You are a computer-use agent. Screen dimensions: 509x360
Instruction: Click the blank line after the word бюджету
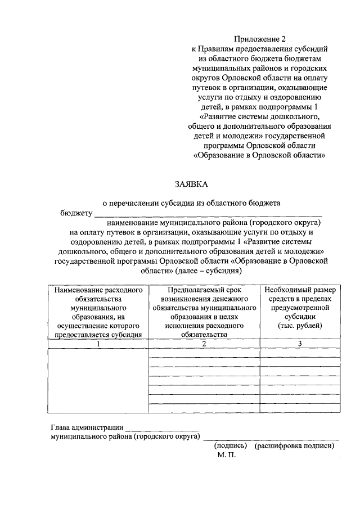click(208, 214)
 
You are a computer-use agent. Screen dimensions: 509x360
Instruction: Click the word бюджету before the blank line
click(76, 213)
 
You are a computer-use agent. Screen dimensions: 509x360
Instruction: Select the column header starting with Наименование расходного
click(98, 312)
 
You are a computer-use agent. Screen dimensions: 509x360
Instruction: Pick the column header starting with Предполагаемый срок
click(204, 312)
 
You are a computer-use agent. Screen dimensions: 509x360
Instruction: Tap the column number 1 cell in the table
click(98, 344)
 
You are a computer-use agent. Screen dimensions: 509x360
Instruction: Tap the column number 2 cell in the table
click(204, 344)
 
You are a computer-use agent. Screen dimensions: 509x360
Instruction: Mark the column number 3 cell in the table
click(300, 344)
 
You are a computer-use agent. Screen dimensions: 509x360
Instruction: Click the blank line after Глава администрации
click(161, 429)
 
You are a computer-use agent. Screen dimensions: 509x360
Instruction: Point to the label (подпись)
click(231, 445)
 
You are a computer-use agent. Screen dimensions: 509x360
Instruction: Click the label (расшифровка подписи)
click(294, 445)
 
